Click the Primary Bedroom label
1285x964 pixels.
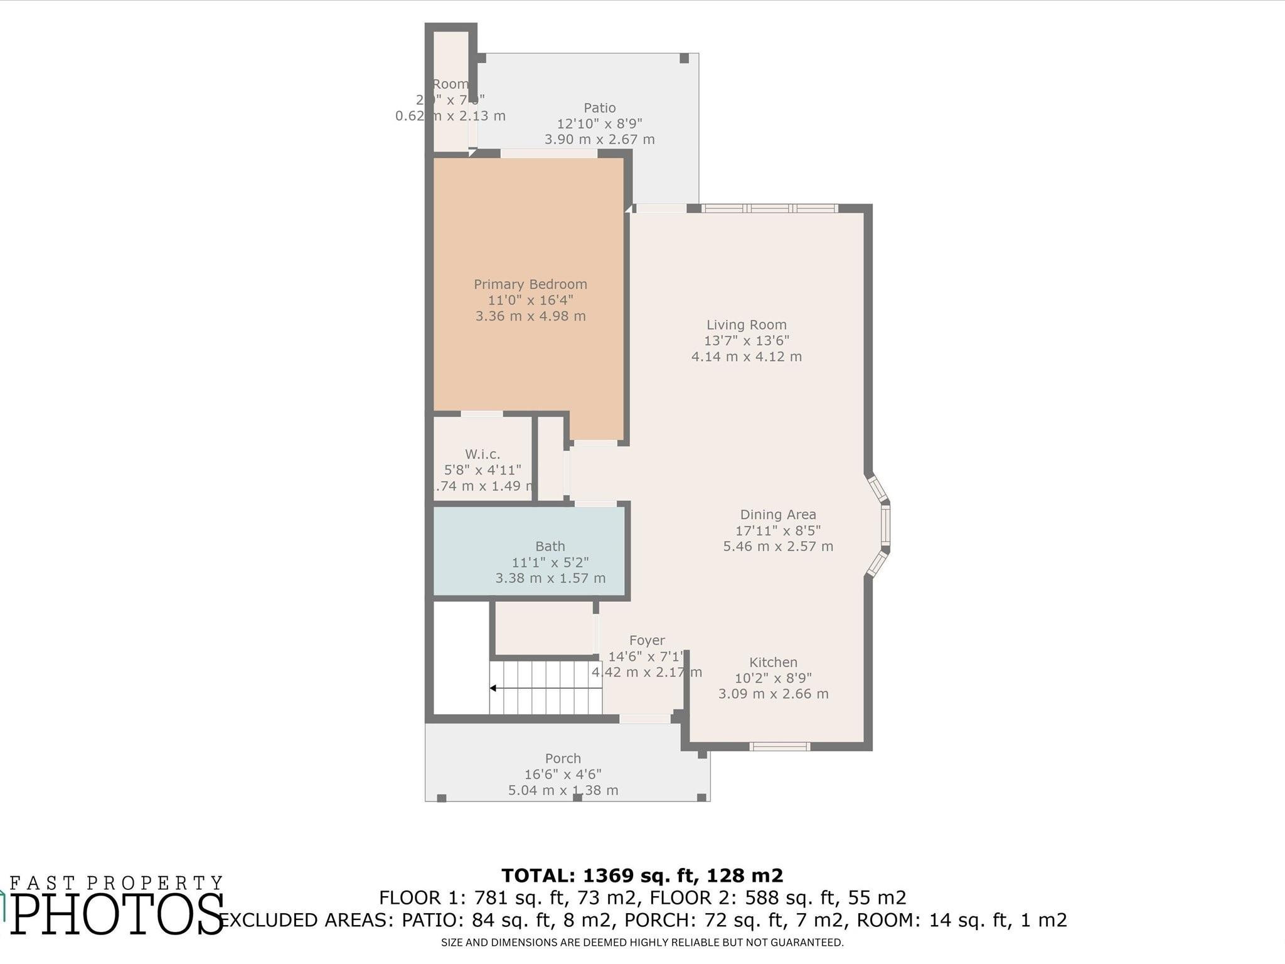(530, 284)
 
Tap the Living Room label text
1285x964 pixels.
(746, 324)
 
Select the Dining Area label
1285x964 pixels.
(777, 515)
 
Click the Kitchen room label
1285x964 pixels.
(773, 662)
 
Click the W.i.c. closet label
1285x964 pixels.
(483, 454)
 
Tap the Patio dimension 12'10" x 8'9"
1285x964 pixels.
(599, 124)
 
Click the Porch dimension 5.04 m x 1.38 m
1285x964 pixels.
(563, 790)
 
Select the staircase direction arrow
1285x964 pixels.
(494, 688)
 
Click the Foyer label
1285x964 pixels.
(646, 640)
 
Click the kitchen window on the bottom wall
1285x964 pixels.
(780, 746)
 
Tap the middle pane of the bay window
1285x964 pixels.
(885, 526)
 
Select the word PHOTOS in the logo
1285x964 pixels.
(117, 914)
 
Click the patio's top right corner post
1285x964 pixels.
(684, 58)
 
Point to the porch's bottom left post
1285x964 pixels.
(441, 798)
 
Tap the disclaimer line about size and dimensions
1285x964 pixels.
(642, 942)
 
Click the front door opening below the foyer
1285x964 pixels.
(644, 719)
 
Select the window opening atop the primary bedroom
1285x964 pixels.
(548, 153)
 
